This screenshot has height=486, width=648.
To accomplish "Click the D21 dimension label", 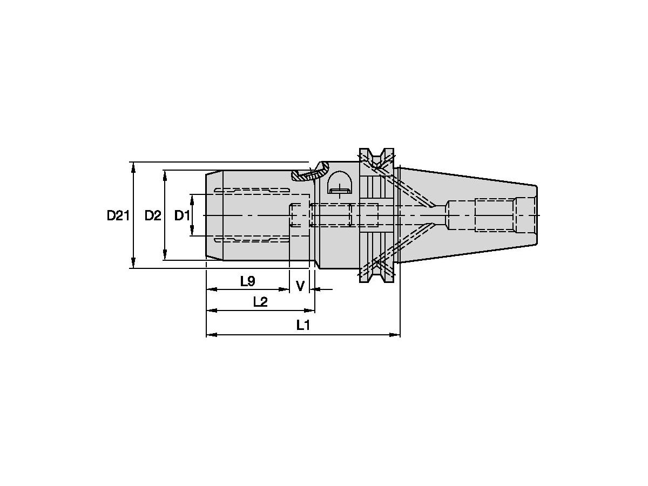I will pos(118,215).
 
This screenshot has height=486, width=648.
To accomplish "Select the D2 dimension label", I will pos(153,215).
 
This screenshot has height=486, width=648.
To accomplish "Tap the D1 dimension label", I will pos(182,215).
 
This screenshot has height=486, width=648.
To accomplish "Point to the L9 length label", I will pos(247,281).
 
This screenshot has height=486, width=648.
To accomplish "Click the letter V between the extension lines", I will pos(300,285).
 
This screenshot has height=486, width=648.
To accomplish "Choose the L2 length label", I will pos(260,302).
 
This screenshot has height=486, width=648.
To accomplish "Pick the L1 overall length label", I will pos(303,325).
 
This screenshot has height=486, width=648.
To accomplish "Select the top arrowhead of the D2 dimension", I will pos(165,174).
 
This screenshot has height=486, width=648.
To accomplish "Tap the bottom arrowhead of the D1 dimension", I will pos(192,233).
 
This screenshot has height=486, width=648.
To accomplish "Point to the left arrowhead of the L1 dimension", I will pos(211,335).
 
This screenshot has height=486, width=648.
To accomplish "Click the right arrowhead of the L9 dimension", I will pos(286,289).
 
